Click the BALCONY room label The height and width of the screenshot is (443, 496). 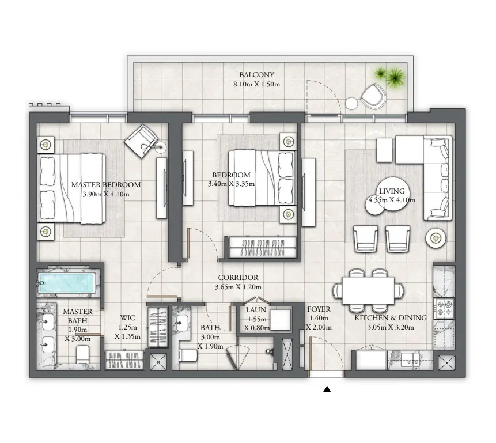pyautogui.click(x=256, y=75)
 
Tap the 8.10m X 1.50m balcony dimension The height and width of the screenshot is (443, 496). pyautogui.click(x=256, y=85)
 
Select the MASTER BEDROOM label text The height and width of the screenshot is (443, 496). pyautogui.click(x=106, y=185)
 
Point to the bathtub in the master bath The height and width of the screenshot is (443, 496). pyautogui.click(x=66, y=283)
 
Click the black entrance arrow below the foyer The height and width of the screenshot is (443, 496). pyautogui.click(x=327, y=389)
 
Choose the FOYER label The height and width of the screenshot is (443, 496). pyautogui.click(x=318, y=309)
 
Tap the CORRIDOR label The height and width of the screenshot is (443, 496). pyautogui.click(x=238, y=278)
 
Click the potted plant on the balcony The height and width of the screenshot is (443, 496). pyautogui.click(x=388, y=75)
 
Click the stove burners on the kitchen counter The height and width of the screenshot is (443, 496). pyautogui.click(x=445, y=307)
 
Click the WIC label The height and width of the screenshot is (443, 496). pyautogui.click(x=127, y=318)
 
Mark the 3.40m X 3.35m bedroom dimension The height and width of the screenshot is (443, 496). pyautogui.click(x=231, y=184)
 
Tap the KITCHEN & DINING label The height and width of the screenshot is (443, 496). pyautogui.click(x=390, y=318)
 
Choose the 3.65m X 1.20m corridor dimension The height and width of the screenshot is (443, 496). pyautogui.click(x=238, y=287)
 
